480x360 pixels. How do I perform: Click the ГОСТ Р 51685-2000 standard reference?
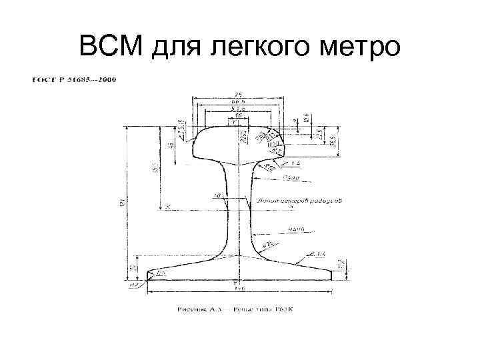point(73,81)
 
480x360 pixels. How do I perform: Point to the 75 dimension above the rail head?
point(238,94)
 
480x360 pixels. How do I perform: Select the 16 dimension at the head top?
point(239,115)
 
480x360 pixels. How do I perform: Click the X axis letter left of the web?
point(168,207)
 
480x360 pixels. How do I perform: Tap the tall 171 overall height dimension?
point(123,200)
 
